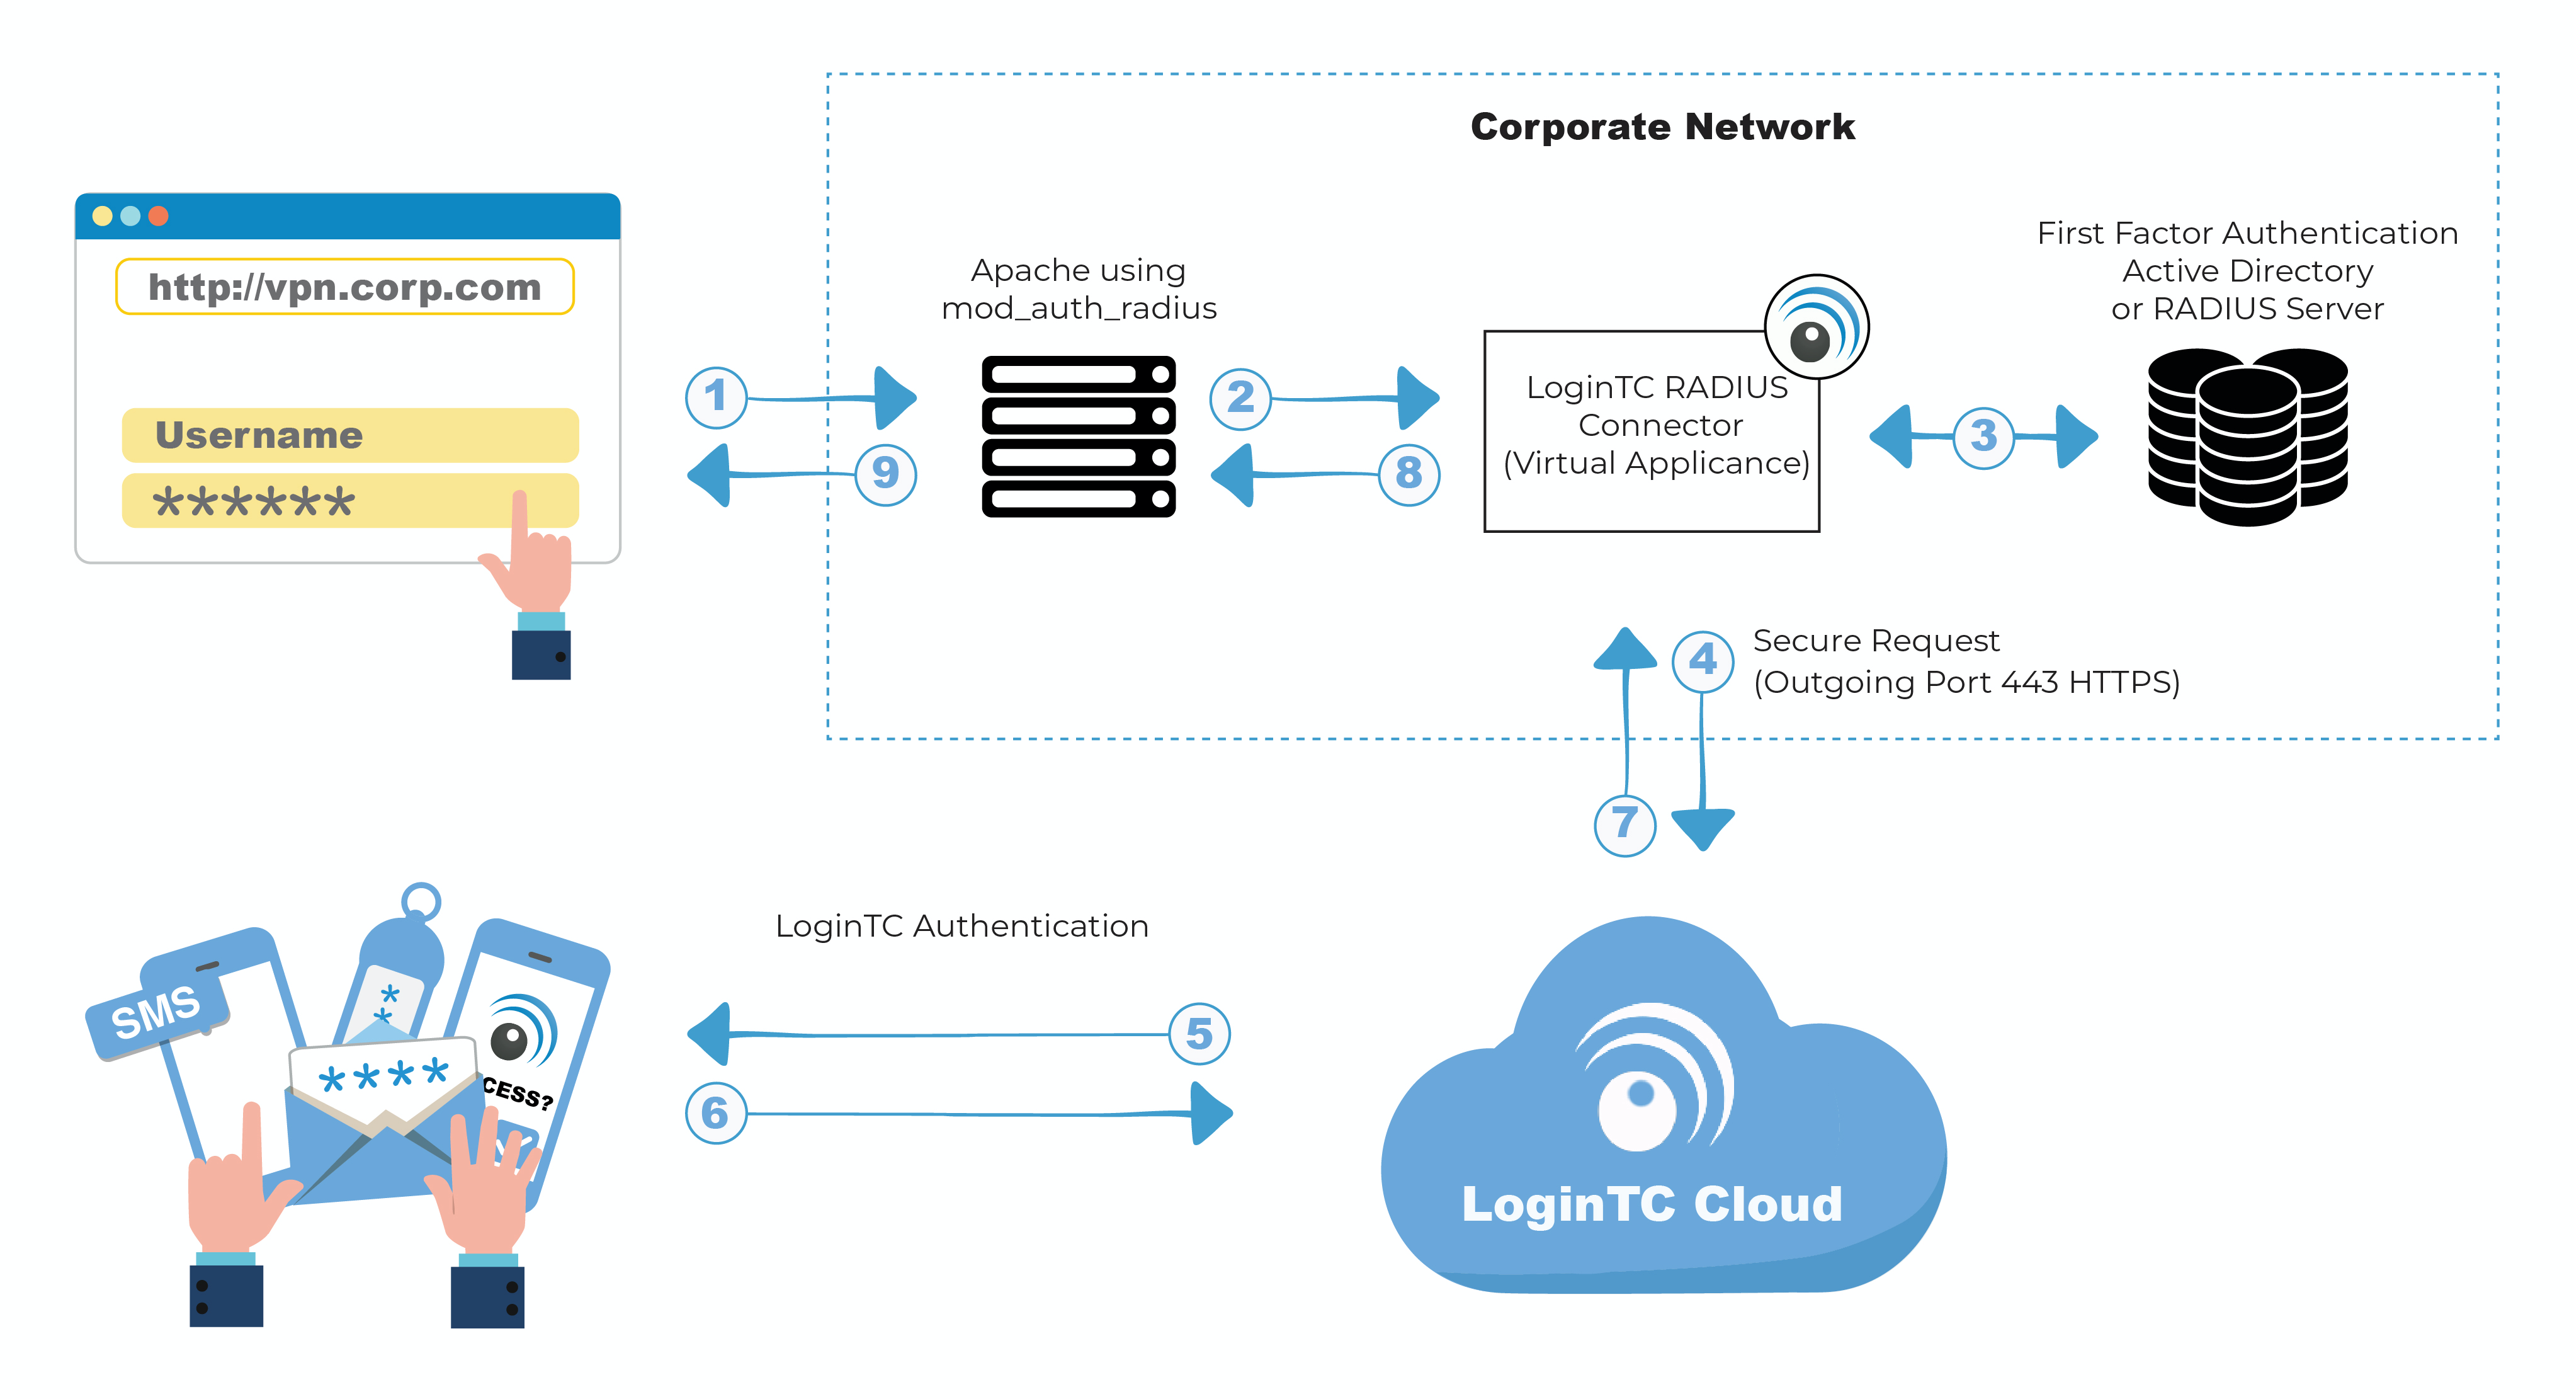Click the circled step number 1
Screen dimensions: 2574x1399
(715, 397)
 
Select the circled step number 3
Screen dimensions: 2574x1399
(1983, 436)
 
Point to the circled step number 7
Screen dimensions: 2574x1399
(1624, 825)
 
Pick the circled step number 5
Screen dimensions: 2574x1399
(1199, 1034)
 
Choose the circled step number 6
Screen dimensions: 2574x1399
(715, 1113)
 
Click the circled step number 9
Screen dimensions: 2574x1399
(885, 474)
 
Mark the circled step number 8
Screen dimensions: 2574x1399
(1409, 474)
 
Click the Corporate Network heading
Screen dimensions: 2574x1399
(1663, 127)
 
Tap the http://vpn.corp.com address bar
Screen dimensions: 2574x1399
(345, 287)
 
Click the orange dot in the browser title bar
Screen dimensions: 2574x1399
(158, 216)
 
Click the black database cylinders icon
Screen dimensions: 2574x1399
(2247, 437)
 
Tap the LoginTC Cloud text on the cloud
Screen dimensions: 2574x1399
(1652, 1204)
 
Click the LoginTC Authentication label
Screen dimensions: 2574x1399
(961, 927)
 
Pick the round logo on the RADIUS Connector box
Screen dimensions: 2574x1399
(1817, 327)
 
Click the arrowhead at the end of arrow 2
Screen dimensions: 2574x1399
(1419, 397)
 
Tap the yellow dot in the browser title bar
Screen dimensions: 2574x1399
(102, 216)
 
